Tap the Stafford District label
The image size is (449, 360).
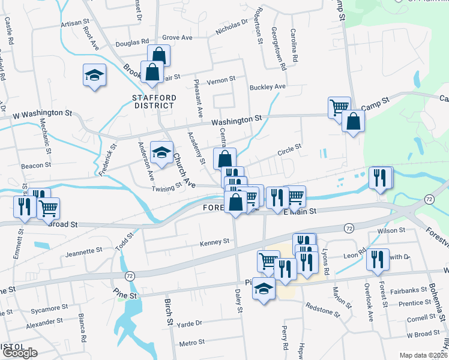(x=155, y=101)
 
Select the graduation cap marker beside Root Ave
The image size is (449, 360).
(x=95, y=76)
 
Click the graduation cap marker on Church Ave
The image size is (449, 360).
(x=161, y=153)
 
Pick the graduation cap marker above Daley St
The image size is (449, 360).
(x=264, y=289)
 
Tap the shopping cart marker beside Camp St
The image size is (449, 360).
(x=339, y=107)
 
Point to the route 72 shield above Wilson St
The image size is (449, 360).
(x=348, y=229)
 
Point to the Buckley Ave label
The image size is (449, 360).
(x=268, y=86)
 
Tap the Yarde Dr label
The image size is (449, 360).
(x=190, y=323)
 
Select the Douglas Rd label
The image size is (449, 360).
(x=132, y=43)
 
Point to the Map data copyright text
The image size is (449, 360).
(x=423, y=355)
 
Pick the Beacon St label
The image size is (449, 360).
(x=35, y=165)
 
